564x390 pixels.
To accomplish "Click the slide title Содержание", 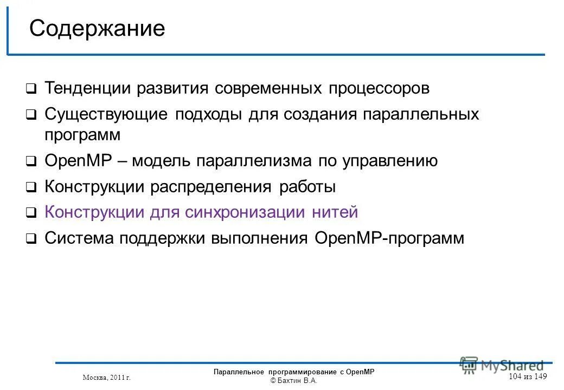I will pyautogui.click(x=97, y=29).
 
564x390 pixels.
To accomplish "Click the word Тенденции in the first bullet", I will pyautogui.click(x=87, y=88).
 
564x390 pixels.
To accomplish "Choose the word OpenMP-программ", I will pyautogui.click(x=389, y=238).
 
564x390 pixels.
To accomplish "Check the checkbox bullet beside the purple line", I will pyautogui.click(x=31, y=213).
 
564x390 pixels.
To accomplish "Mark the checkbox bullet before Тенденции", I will pyautogui.click(x=31, y=89).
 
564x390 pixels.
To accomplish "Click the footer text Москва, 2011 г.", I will pyautogui.click(x=107, y=377).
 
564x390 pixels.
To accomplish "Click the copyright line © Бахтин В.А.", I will pyautogui.click(x=293, y=381).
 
